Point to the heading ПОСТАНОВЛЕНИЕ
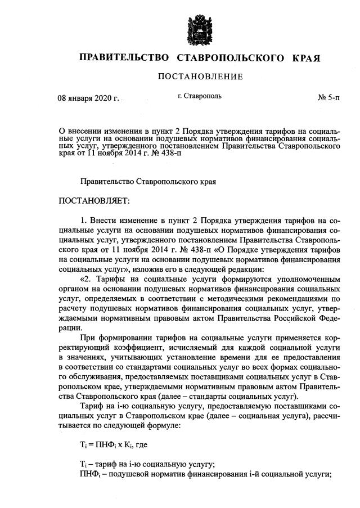(x=200, y=77)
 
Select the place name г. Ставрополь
(x=199, y=96)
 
